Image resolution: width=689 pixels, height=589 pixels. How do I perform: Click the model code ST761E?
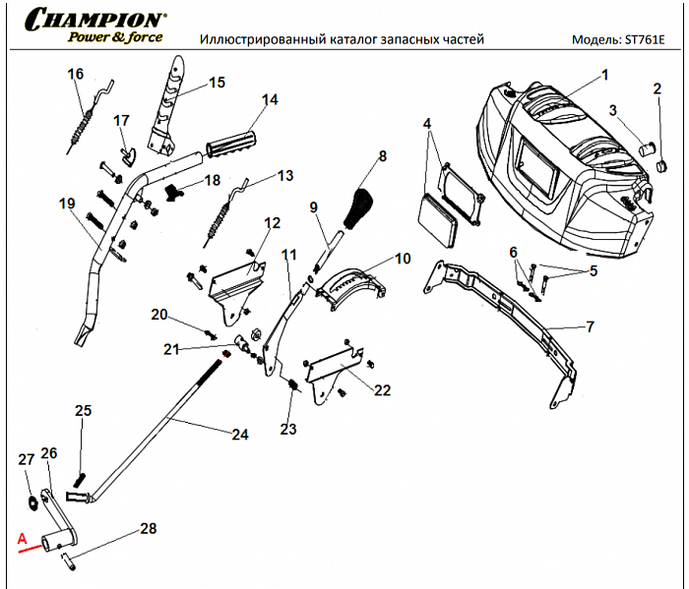(644, 40)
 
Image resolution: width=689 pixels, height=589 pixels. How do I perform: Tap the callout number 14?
(269, 99)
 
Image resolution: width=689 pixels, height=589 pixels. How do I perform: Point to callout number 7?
(591, 326)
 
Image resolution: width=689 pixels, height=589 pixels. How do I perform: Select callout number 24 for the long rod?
(239, 434)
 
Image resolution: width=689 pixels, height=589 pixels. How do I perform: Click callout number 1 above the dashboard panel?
(604, 74)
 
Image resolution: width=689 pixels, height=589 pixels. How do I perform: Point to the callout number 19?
(66, 204)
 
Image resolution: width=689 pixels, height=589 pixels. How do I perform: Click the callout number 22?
(382, 390)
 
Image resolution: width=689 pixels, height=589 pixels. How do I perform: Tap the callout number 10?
(403, 259)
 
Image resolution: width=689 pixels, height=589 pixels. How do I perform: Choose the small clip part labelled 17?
(126, 149)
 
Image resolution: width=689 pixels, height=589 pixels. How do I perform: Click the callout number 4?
(427, 123)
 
